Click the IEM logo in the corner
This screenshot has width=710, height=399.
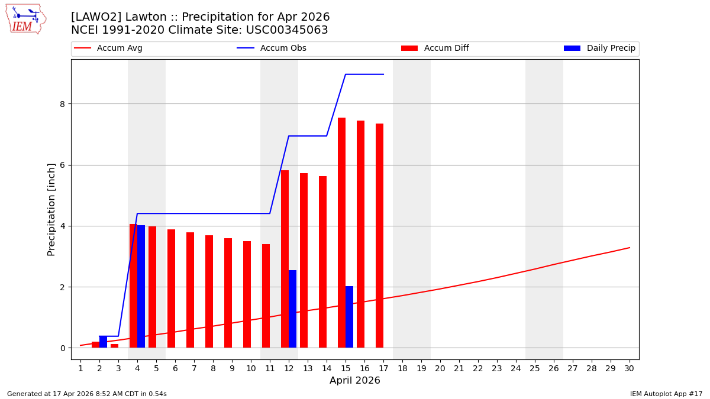25,19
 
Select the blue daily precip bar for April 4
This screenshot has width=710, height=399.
141,286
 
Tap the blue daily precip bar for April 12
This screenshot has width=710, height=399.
292,309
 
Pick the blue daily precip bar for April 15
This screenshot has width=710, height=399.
349,317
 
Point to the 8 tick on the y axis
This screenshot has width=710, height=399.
62,104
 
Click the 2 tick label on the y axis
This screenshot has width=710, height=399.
62,287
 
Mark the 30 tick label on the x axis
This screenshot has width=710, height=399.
630,368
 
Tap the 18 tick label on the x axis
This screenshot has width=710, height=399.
402,368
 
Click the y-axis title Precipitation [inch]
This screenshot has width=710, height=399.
51,209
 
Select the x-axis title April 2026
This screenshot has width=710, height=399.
355,381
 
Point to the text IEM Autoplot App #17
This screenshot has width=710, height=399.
666,394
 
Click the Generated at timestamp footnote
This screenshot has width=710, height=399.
87,394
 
